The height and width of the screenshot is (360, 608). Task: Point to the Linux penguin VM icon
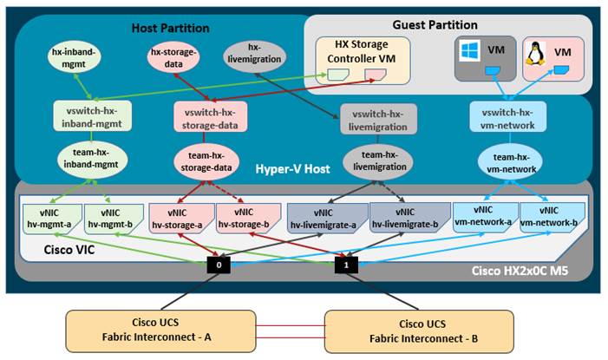(x=536, y=55)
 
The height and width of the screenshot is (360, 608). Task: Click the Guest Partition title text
(x=447, y=25)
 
